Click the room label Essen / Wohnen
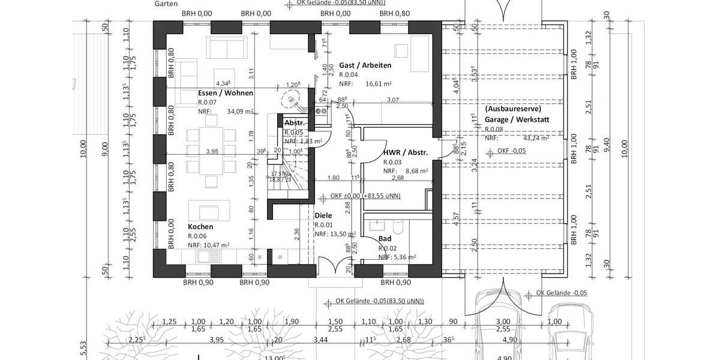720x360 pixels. (x=226, y=93)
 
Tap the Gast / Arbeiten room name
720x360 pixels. (x=365, y=65)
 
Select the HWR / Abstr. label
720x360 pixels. (x=406, y=152)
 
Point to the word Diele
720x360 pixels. (x=323, y=215)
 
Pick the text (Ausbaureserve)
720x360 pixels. (x=513, y=109)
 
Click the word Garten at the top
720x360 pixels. (x=166, y=4)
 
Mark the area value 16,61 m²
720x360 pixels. (x=379, y=84)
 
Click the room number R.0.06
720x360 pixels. (x=197, y=236)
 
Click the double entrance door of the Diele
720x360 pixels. (x=335, y=265)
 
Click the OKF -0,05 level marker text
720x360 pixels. (x=511, y=151)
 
